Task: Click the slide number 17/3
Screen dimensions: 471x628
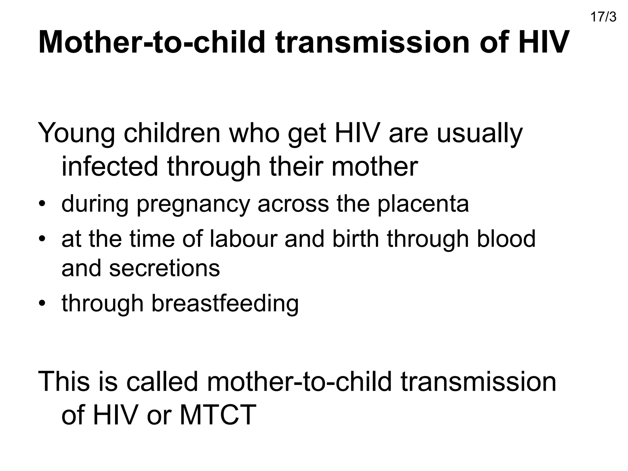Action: (603, 17)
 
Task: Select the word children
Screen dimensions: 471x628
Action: (172, 133)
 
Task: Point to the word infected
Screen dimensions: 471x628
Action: (110, 167)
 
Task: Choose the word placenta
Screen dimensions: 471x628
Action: (423, 204)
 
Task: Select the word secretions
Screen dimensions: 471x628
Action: (164, 268)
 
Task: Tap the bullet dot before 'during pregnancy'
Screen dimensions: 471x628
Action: (42, 204)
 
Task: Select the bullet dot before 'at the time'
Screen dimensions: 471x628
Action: (42, 239)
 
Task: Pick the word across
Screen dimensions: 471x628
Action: (293, 204)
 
